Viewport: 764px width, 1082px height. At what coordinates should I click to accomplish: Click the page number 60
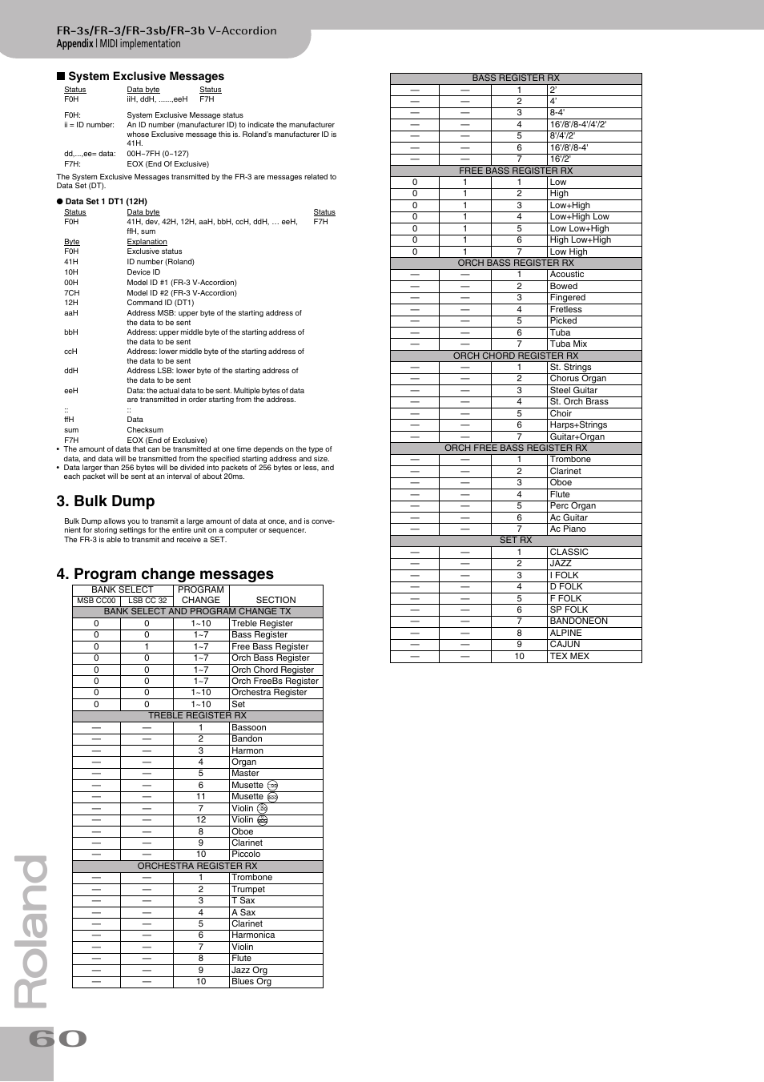coord(58,1039)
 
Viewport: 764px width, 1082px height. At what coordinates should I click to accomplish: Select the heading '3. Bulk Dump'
coord(106,501)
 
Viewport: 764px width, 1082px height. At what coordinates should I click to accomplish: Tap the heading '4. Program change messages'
coord(165,574)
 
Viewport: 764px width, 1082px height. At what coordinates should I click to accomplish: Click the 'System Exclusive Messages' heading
coord(146,77)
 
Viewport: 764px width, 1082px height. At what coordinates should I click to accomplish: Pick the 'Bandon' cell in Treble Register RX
coord(247,739)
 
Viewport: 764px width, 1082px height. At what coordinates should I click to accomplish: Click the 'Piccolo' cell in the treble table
coord(246,855)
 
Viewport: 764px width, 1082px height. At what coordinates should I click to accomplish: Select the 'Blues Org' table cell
coord(251,982)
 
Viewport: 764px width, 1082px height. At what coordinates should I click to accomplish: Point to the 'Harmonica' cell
coord(253,935)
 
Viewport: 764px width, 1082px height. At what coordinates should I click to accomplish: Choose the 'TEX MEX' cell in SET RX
coord(569,657)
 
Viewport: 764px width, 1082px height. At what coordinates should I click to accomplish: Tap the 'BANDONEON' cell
coord(578,621)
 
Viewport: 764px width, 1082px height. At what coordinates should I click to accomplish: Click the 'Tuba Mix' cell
coord(568,344)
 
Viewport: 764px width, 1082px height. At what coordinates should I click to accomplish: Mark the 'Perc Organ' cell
coord(573,506)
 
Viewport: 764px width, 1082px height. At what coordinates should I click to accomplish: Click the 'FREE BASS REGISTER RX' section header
coord(516,171)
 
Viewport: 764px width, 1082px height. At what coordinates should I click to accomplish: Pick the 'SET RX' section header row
coord(516,541)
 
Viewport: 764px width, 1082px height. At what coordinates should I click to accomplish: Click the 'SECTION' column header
coord(275,600)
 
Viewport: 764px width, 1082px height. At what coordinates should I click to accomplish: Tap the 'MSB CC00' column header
coord(96,601)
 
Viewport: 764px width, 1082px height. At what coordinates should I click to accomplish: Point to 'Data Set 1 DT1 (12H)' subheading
coord(106,202)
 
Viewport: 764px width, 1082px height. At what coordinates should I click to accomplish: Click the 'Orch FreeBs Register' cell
coord(275,682)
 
